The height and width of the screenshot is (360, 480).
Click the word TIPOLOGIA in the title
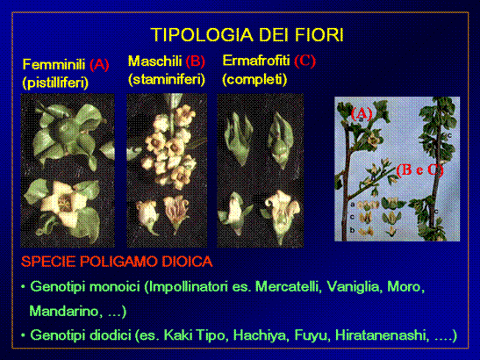203,34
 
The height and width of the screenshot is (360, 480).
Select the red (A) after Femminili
99,65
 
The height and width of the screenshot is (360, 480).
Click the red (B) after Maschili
196,61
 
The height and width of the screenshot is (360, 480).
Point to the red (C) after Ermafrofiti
304,61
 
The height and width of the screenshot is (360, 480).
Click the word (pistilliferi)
55,83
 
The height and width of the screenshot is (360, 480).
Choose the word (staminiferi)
167,79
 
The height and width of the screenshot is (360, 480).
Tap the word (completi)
254,79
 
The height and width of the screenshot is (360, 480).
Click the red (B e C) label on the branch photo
419,169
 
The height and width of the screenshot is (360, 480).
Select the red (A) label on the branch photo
362,113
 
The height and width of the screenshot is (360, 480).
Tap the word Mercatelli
288,287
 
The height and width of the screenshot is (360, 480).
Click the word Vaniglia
355,287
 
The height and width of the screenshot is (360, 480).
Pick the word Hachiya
261,335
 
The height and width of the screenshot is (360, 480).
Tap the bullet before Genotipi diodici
23,335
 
